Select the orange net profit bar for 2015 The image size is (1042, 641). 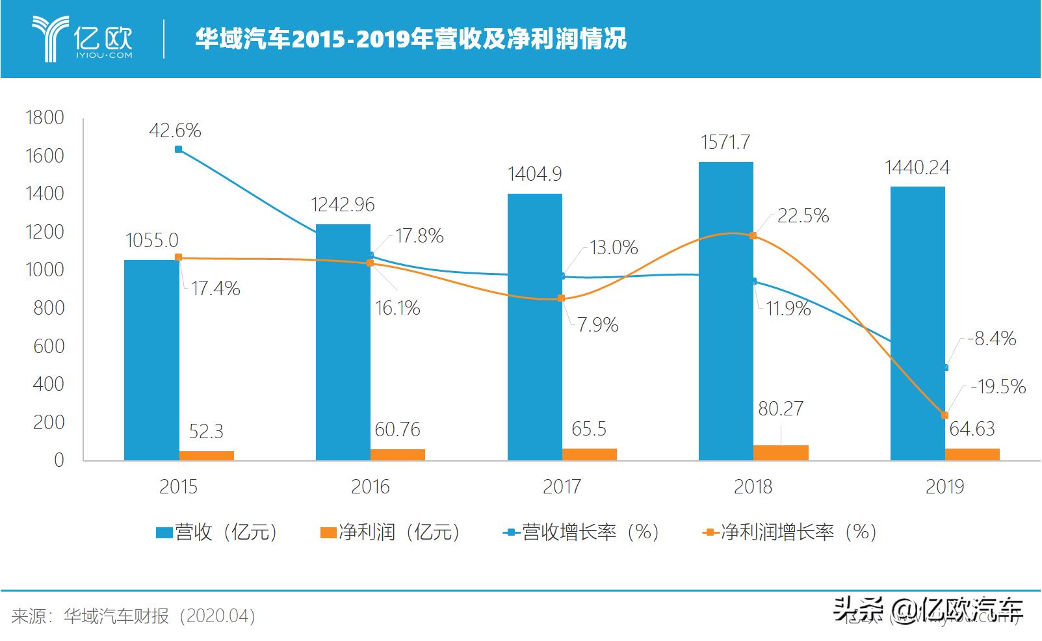pyautogui.click(x=207, y=455)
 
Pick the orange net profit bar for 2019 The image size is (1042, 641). pyautogui.click(x=972, y=454)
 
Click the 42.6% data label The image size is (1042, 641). pyautogui.click(x=175, y=131)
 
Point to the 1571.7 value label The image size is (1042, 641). pyautogui.click(x=725, y=142)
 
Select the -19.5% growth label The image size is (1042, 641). pyautogui.click(x=998, y=387)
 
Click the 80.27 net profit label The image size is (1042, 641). pyautogui.click(x=780, y=408)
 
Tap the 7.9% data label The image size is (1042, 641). pyautogui.click(x=597, y=324)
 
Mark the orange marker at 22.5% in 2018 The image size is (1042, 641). pyautogui.click(x=753, y=235)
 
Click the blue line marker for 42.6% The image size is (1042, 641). pyautogui.click(x=178, y=150)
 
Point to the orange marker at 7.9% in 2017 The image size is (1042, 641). pyautogui.click(x=562, y=298)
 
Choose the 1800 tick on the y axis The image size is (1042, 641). pyautogui.click(x=44, y=118)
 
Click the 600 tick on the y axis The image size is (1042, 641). pyautogui.click(x=49, y=346)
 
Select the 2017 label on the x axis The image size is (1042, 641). pyautogui.click(x=562, y=486)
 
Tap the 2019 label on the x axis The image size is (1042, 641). pyautogui.click(x=944, y=486)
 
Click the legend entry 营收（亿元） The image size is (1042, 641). pyautogui.click(x=218, y=532)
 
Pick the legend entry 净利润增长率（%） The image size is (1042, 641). pyautogui.click(x=789, y=532)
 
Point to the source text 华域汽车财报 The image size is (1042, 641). pyautogui.click(x=116, y=616)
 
